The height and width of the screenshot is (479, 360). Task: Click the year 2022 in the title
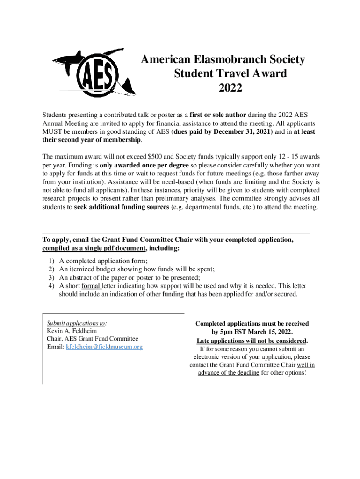pos(230,87)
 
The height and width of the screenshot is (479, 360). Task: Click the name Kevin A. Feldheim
pos(72,331)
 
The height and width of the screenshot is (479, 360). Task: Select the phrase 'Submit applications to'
pos(76,323)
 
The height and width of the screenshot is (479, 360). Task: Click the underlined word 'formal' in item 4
pos(91,286)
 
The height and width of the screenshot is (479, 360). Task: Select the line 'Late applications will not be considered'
pos(252,341)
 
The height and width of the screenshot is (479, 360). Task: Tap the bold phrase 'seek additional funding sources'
pos(122,207)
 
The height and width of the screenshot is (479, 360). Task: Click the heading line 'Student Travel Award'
pos(230,73)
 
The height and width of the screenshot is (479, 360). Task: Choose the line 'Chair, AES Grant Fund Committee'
pos(93,339)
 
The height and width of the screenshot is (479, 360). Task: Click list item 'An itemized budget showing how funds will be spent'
pos(137,269)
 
